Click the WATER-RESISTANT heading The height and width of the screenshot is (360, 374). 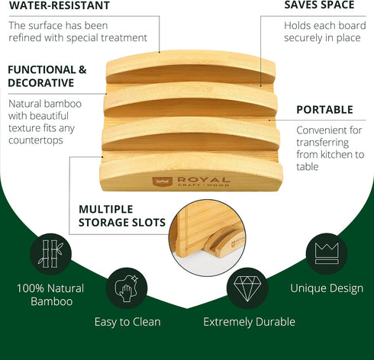point(60,5)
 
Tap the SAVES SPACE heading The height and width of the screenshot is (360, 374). point(319,5)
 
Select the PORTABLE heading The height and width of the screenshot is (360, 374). point(324,110)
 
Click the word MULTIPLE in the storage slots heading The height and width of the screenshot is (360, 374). point(106,209)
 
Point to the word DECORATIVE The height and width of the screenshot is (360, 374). point(41,83)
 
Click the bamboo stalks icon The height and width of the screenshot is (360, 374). point(50,254)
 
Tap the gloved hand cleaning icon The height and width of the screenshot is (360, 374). point(127,288)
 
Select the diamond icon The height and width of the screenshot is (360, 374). point(247,288)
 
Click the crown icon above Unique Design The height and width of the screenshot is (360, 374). point(327,253)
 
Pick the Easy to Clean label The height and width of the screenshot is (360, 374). point(127,322)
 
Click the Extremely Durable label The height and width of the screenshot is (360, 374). point(249,322)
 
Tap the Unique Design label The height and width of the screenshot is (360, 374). point(327,288)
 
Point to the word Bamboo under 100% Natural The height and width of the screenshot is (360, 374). point(52,301)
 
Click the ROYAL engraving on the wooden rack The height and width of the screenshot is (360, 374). point(204,180)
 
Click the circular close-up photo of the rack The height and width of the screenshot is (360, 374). point(208,238)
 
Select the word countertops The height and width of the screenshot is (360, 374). point(36,140)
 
